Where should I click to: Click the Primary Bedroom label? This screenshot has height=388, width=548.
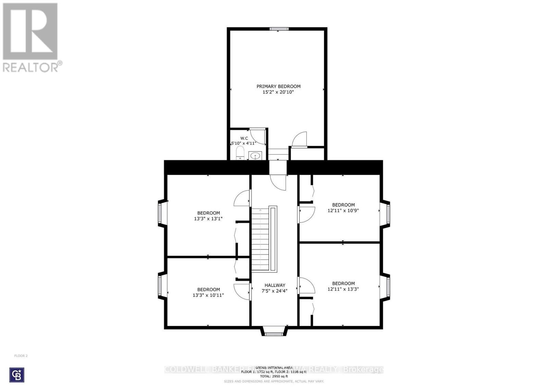coord(278,86)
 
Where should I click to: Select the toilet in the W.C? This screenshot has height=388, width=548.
coord(240,153)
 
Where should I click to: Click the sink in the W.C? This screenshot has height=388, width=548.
coord(255,156)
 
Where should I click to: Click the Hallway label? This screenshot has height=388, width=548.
coord(275,285)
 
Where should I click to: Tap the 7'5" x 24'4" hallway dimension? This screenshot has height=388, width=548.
coord(274,291)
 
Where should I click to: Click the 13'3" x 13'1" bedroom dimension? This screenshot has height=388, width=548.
coord(208,219)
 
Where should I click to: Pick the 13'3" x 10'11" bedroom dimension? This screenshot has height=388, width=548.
coord(208,295)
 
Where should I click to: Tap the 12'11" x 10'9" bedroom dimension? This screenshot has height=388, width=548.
coord(343,211)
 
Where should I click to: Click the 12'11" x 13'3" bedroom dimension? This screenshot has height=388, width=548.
coord(343,289)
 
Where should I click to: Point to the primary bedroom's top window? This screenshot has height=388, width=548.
coord(278,29)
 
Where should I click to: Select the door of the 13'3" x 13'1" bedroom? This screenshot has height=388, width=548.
coord(242,199)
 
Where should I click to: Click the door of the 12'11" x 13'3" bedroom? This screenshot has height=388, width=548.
coord(307,285)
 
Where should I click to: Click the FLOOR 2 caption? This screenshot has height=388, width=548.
coord(21,356)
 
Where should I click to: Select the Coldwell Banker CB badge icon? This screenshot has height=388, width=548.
coord(17,375)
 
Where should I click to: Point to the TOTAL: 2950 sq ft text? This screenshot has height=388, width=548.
coord(274,376)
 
